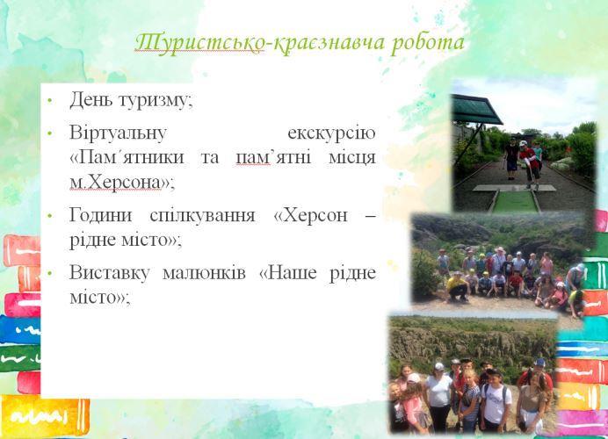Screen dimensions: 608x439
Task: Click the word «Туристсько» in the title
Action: point(199,42)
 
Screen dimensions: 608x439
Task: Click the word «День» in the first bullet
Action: point(91,99)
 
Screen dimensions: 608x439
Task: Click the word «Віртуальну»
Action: point(118,133)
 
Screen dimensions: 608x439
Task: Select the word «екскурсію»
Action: point(331,133)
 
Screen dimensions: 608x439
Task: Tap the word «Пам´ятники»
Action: point(127,158)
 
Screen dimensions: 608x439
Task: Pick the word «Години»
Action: point(101,215)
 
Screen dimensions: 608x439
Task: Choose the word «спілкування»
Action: point(202,216)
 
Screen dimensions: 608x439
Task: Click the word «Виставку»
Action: point(109,273)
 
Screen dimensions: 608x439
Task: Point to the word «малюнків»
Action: point(204,273)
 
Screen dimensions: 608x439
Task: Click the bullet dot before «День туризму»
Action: point(49,100)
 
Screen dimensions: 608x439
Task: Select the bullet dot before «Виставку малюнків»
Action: point(49,274)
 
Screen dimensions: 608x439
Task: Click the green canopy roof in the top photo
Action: point(476,110)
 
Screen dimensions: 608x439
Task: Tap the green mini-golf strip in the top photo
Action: point(516,201)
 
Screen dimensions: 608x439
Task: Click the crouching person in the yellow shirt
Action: point(457,287)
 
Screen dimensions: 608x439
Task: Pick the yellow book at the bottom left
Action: point(45,416)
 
